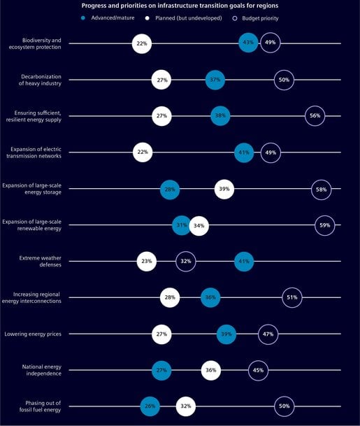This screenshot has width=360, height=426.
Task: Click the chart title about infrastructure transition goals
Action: tap(180, 6)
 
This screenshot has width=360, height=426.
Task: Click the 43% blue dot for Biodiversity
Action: tap(248, 43)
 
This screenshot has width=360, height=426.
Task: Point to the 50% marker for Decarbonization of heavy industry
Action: tap(284, 80)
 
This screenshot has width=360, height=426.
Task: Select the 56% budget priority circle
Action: tap(315, 116)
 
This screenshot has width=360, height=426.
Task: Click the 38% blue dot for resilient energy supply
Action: tap(220, 116)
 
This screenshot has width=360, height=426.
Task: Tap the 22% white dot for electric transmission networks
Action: tap(142, 152)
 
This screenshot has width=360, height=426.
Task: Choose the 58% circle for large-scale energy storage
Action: tap(321, 189)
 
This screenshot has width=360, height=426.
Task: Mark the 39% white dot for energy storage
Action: tap(224, 189)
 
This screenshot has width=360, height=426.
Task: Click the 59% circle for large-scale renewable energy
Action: tap(324, 225)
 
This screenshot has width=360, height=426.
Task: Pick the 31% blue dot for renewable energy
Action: tap(182, 225)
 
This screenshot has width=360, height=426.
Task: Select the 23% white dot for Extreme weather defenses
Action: tap(147, 262)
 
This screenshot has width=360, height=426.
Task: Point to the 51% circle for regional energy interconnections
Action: tap(291, 298)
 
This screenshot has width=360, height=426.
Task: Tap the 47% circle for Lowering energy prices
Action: tap(268, 334)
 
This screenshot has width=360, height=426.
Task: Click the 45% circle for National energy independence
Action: tap(258, 371)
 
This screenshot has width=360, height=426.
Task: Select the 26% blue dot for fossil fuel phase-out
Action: tap(150, 406)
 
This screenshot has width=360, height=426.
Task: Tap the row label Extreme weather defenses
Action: tap(41, 262)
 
